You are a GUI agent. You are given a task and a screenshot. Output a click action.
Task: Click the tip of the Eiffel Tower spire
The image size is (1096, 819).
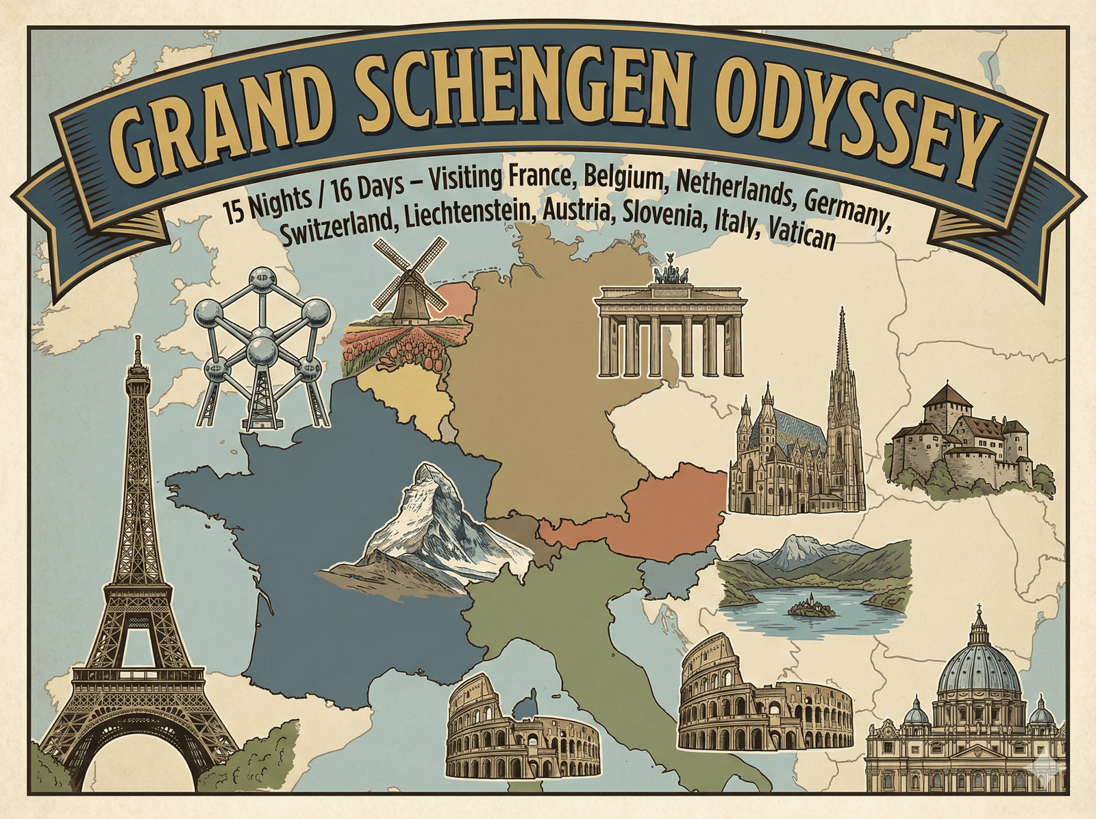click(138, 337)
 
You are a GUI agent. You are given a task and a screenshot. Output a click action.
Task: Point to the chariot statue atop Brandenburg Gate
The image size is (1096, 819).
click(670, 271)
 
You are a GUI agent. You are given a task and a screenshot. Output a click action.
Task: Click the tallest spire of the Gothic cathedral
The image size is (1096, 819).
click(842, 315)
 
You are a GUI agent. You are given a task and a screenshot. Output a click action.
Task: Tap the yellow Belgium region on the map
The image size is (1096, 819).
click(404, 398)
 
